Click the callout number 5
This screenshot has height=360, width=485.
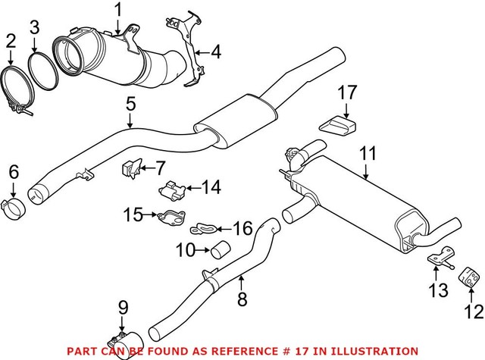point(130,100)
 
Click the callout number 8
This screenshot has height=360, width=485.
point(242,300)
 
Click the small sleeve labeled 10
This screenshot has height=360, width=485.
point(221,248)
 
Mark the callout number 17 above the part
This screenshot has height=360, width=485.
point(347,93)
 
